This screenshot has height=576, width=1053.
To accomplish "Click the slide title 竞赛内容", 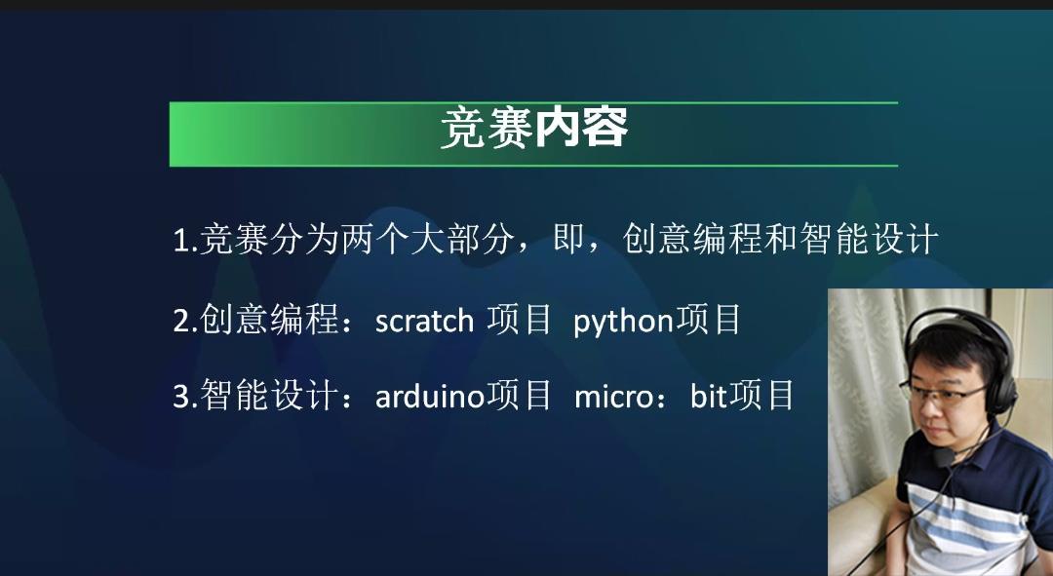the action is (534, 128).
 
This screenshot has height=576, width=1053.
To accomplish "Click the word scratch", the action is (424, 321).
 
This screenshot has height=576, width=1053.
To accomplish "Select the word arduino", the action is (430, 396).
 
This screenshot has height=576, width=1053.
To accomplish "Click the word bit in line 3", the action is (709, 396).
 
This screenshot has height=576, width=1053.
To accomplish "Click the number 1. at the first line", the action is (184, 241).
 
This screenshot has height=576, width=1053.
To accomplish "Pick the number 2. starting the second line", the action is (185, 321).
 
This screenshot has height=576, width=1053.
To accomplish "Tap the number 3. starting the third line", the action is (185, 396).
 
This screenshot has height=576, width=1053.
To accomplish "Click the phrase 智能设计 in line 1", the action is (869, 239).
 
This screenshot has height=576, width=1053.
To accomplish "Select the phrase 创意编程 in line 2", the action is (269, 320).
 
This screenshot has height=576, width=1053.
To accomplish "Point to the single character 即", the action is (568, 239).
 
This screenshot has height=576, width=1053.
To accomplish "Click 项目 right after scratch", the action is (519, 320).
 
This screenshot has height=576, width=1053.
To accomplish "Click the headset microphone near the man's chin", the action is (944, 457).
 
